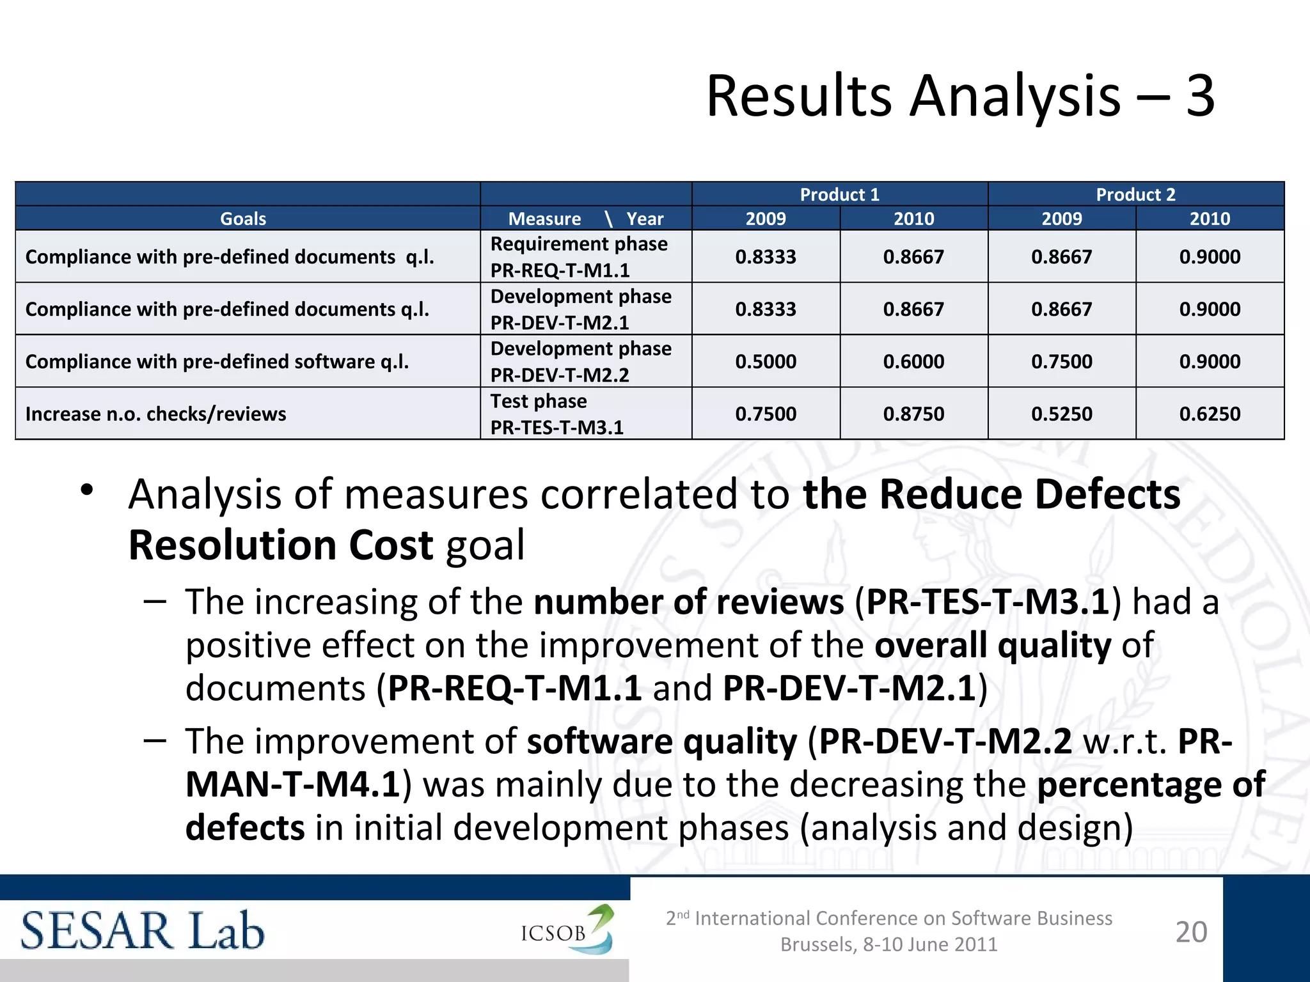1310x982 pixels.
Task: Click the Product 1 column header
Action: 839,194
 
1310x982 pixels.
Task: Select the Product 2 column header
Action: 1135,194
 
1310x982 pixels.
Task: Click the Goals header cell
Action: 243,219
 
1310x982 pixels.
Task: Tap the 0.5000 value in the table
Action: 766,361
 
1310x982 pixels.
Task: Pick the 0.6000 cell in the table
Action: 913,361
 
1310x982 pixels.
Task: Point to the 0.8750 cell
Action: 913,414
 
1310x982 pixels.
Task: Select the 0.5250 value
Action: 1062,414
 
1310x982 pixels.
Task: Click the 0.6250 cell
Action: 1210,414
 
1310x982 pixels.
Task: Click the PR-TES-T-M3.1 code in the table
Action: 556,427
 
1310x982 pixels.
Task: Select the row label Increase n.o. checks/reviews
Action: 155,414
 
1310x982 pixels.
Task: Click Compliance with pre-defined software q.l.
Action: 217,361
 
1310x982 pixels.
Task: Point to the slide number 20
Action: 1191,931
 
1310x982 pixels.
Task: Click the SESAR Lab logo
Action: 142,931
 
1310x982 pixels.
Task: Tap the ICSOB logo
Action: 566,930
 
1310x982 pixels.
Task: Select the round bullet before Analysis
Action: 88,491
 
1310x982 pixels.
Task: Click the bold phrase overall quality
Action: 993,644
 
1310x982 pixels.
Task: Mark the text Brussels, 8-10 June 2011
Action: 888,944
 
